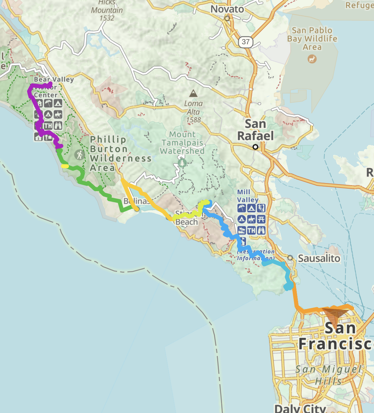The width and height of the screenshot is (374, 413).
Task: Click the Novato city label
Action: [x=227, y=9]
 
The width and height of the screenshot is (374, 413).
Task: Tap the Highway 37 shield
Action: [x=245, y=42]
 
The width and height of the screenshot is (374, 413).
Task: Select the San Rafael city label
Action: [x=255, y=130]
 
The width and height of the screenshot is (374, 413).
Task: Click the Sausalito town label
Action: [x=319, y=258]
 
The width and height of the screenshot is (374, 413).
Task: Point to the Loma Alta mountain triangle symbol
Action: [x=193, y=93]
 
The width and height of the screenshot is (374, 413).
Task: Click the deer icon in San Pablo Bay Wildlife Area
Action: [x=312, y=59]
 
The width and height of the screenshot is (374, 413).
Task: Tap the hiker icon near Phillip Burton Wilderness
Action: [x=80, y=155]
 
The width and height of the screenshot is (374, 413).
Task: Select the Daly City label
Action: [x=300, y=408]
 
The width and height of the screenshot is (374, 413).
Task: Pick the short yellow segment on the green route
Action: [x=65, y=166]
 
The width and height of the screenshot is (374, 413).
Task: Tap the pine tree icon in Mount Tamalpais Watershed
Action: [x=182, y=162]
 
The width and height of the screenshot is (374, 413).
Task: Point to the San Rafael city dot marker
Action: [x=255, y=147]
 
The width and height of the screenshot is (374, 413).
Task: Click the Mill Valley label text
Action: [x=248, y=196]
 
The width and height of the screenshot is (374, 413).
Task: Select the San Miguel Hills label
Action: [x=328, y=375]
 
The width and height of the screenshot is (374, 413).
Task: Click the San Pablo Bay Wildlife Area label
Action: [x=312, y=38]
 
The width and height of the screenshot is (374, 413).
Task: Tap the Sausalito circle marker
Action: [x=290, y=258]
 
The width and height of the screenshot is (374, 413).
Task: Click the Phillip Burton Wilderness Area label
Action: [x=120, y=154]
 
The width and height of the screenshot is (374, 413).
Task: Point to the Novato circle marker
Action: [x=227, y=18]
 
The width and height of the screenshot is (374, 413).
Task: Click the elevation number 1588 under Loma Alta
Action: [x=193, y=120]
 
